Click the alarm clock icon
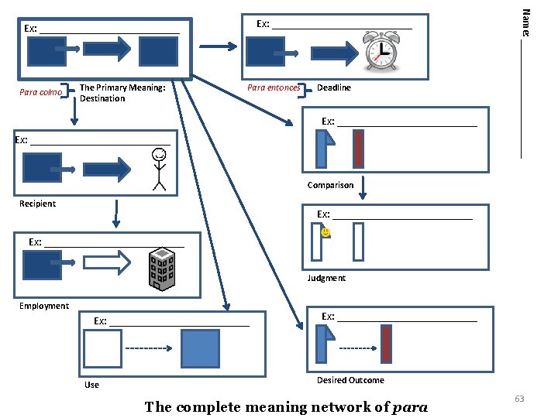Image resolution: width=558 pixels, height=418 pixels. [381, 53]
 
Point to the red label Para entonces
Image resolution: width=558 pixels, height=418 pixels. [274, 88]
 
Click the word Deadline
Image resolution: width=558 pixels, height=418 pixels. [333, 88]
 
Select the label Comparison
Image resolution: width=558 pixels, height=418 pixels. [330, 185]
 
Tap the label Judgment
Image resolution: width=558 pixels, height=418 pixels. [326, 278]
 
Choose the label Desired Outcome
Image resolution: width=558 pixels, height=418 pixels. [350, 380]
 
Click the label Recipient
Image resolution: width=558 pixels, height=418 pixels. [38, 204]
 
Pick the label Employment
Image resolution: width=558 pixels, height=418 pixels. [44, 306]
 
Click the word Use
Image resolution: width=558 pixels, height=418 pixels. [91, 385]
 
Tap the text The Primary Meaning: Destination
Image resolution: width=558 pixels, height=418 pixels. [122, 93]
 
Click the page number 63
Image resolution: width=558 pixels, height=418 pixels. [519, 399]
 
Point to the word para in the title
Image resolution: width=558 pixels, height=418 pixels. [411, 407]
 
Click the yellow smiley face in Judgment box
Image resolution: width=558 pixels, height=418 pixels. [325, 232]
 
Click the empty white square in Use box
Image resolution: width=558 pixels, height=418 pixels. [103, 348]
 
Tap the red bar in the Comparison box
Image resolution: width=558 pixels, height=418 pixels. [358, 149]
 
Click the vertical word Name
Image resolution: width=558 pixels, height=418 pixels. [525, 22]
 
